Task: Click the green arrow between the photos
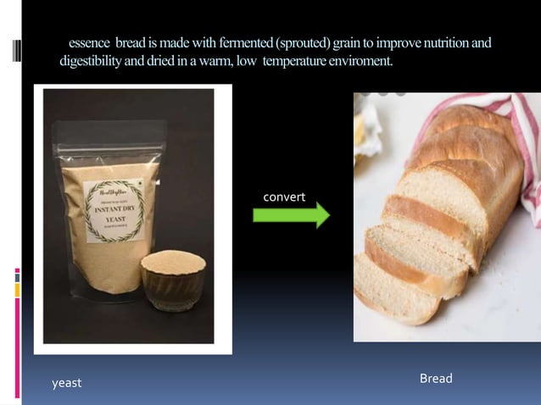(x=291, y=215)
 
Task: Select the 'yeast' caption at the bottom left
(x=67, y=383)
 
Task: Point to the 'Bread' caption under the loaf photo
(x=436, y=378)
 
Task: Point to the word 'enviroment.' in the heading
(x=357, y=63)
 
